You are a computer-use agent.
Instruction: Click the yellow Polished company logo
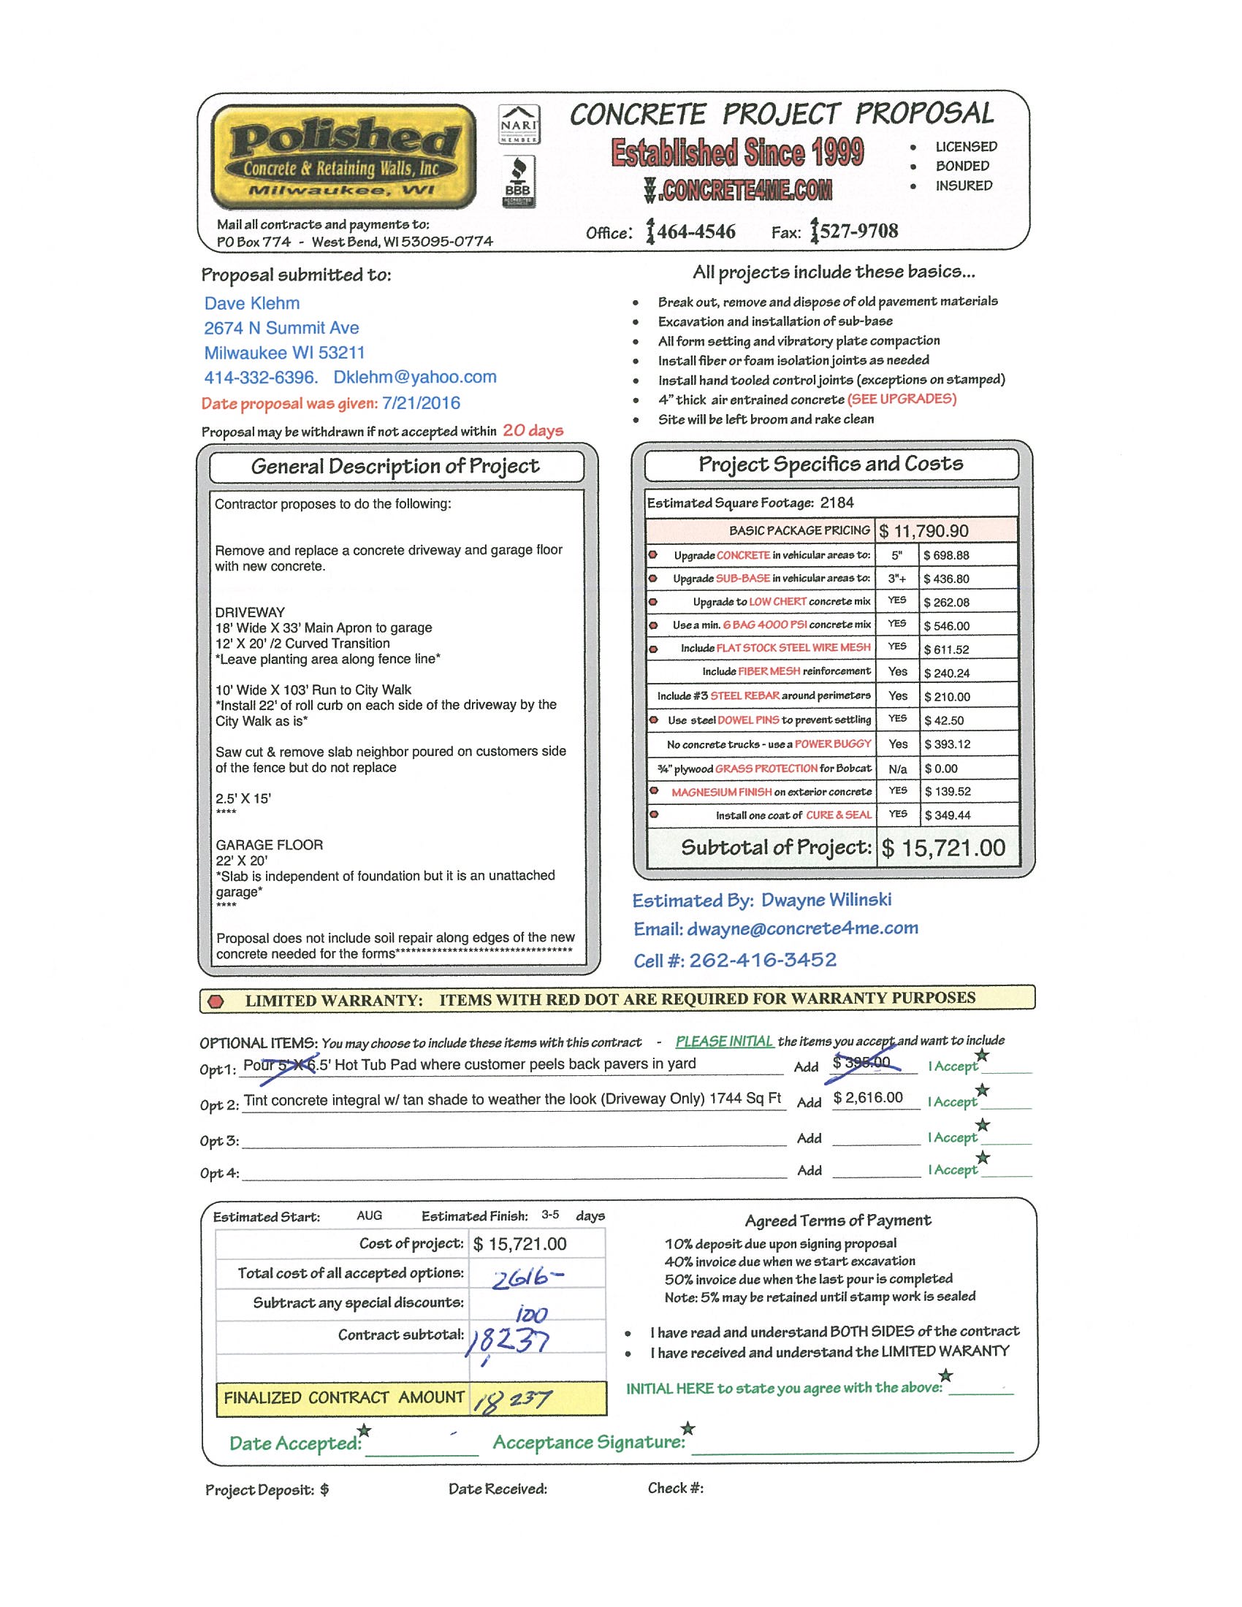pyautogui.click(x=343, y=157)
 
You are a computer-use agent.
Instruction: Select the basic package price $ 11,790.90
pyautogui.click(x=923, y=530)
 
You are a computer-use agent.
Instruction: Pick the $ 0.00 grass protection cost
pyautogui.click(x=941, y=769)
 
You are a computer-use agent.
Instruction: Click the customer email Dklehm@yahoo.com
pyautogui.click(x=415, y=378)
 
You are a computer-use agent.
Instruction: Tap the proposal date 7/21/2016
pyautogui.click(x=421, y=403)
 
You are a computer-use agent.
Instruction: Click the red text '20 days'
pyautogui.click(x=533, y=431)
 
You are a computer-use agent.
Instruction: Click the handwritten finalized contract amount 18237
pyautogui.click(x=512, y=1400)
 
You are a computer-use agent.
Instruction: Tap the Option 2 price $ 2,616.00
pyautogui.click(x=868, y=1098)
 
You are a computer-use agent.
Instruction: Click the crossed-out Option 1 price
pyautogui.click(x=861, y=1063)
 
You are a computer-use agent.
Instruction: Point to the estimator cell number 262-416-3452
pyautogui.click(x=762, y=961)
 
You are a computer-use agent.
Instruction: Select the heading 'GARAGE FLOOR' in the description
pyautogui.click(x=270, y=844)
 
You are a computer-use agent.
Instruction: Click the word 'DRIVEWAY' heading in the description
pyautogui.click(x=250, y=612)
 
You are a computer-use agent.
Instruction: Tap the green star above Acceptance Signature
pyautogui.click(x=688, y=1428)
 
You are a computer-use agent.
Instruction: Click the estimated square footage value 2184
pyautogui.click(x=837, y=503)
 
